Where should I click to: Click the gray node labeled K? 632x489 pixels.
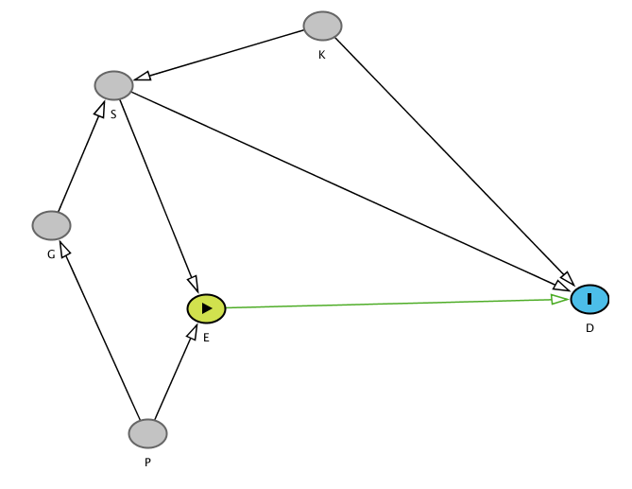[x=322, y=26]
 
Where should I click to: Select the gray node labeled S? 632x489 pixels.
[x=113, y=85]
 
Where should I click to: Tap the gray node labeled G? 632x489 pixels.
[x=51, y=225]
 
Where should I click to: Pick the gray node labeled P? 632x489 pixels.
[x=147, y=433]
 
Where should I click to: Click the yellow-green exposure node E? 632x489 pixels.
[x=206, y=308]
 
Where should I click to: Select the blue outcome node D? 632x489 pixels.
[x=589, y=299]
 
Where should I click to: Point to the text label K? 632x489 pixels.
[x=321, y=55]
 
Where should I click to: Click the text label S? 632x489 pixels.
[x=113, y=114]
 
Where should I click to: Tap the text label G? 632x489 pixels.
[x=51, y=254]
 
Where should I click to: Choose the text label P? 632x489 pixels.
[x=147, y=463]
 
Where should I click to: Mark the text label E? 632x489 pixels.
[x=206, y=338]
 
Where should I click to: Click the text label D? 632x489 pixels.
[x=589, y=328]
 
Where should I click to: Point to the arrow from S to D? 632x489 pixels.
[x=350, y=190]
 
